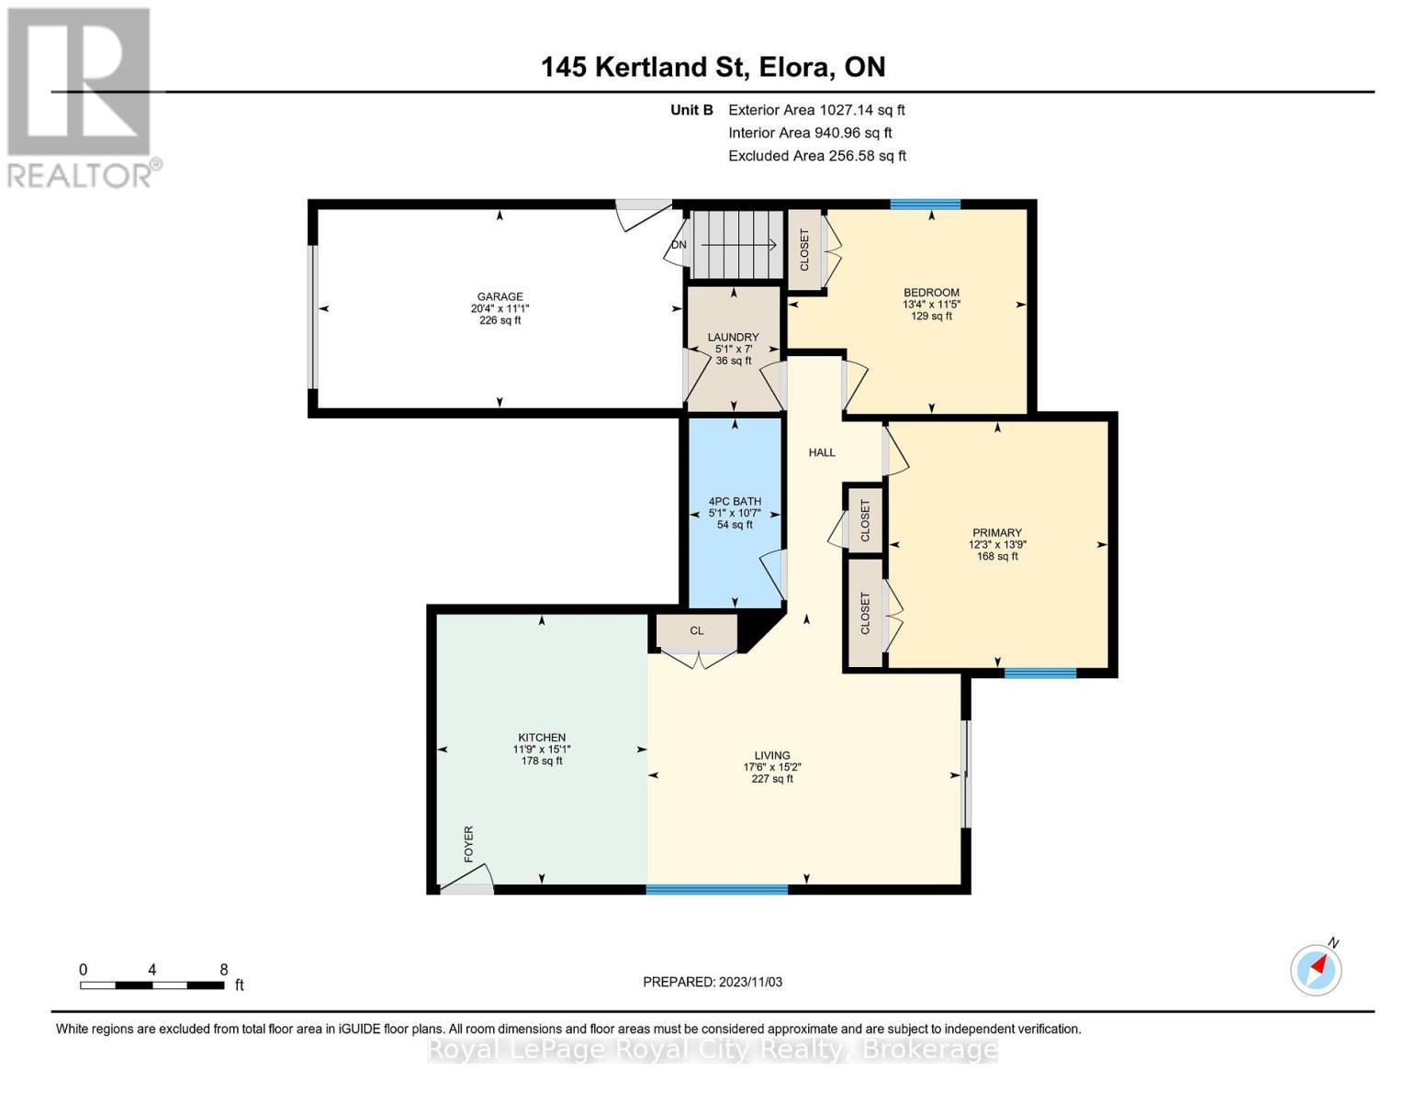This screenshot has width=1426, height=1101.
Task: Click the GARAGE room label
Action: point(500,296)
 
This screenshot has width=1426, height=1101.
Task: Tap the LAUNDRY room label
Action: point(733,337)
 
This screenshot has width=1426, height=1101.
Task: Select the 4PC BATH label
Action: point(735,501)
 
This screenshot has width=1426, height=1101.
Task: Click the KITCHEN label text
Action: point(542,738)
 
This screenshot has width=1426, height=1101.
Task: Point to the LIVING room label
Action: point(772,755)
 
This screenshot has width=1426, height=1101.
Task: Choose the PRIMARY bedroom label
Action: point(997,532)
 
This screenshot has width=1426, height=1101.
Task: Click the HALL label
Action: point(822,452)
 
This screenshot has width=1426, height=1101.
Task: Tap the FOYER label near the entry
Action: point(468,844)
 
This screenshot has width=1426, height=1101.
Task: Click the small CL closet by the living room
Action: point(697,631)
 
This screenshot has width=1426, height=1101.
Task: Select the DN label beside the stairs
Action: point(679,245)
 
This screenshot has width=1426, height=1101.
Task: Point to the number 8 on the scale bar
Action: point(223,970)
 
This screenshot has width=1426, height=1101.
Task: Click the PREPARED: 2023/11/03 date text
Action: point(713,982)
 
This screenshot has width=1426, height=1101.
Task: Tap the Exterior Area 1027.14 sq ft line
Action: point(816,110)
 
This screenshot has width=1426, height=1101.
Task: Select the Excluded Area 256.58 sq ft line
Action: point(817,156)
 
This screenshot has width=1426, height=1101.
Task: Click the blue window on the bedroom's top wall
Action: point(925,205)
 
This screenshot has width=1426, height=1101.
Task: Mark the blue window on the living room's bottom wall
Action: point(717,889)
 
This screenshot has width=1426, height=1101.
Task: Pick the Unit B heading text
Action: point(691,110)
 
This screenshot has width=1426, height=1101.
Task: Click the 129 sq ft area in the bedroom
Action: point(931,316)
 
